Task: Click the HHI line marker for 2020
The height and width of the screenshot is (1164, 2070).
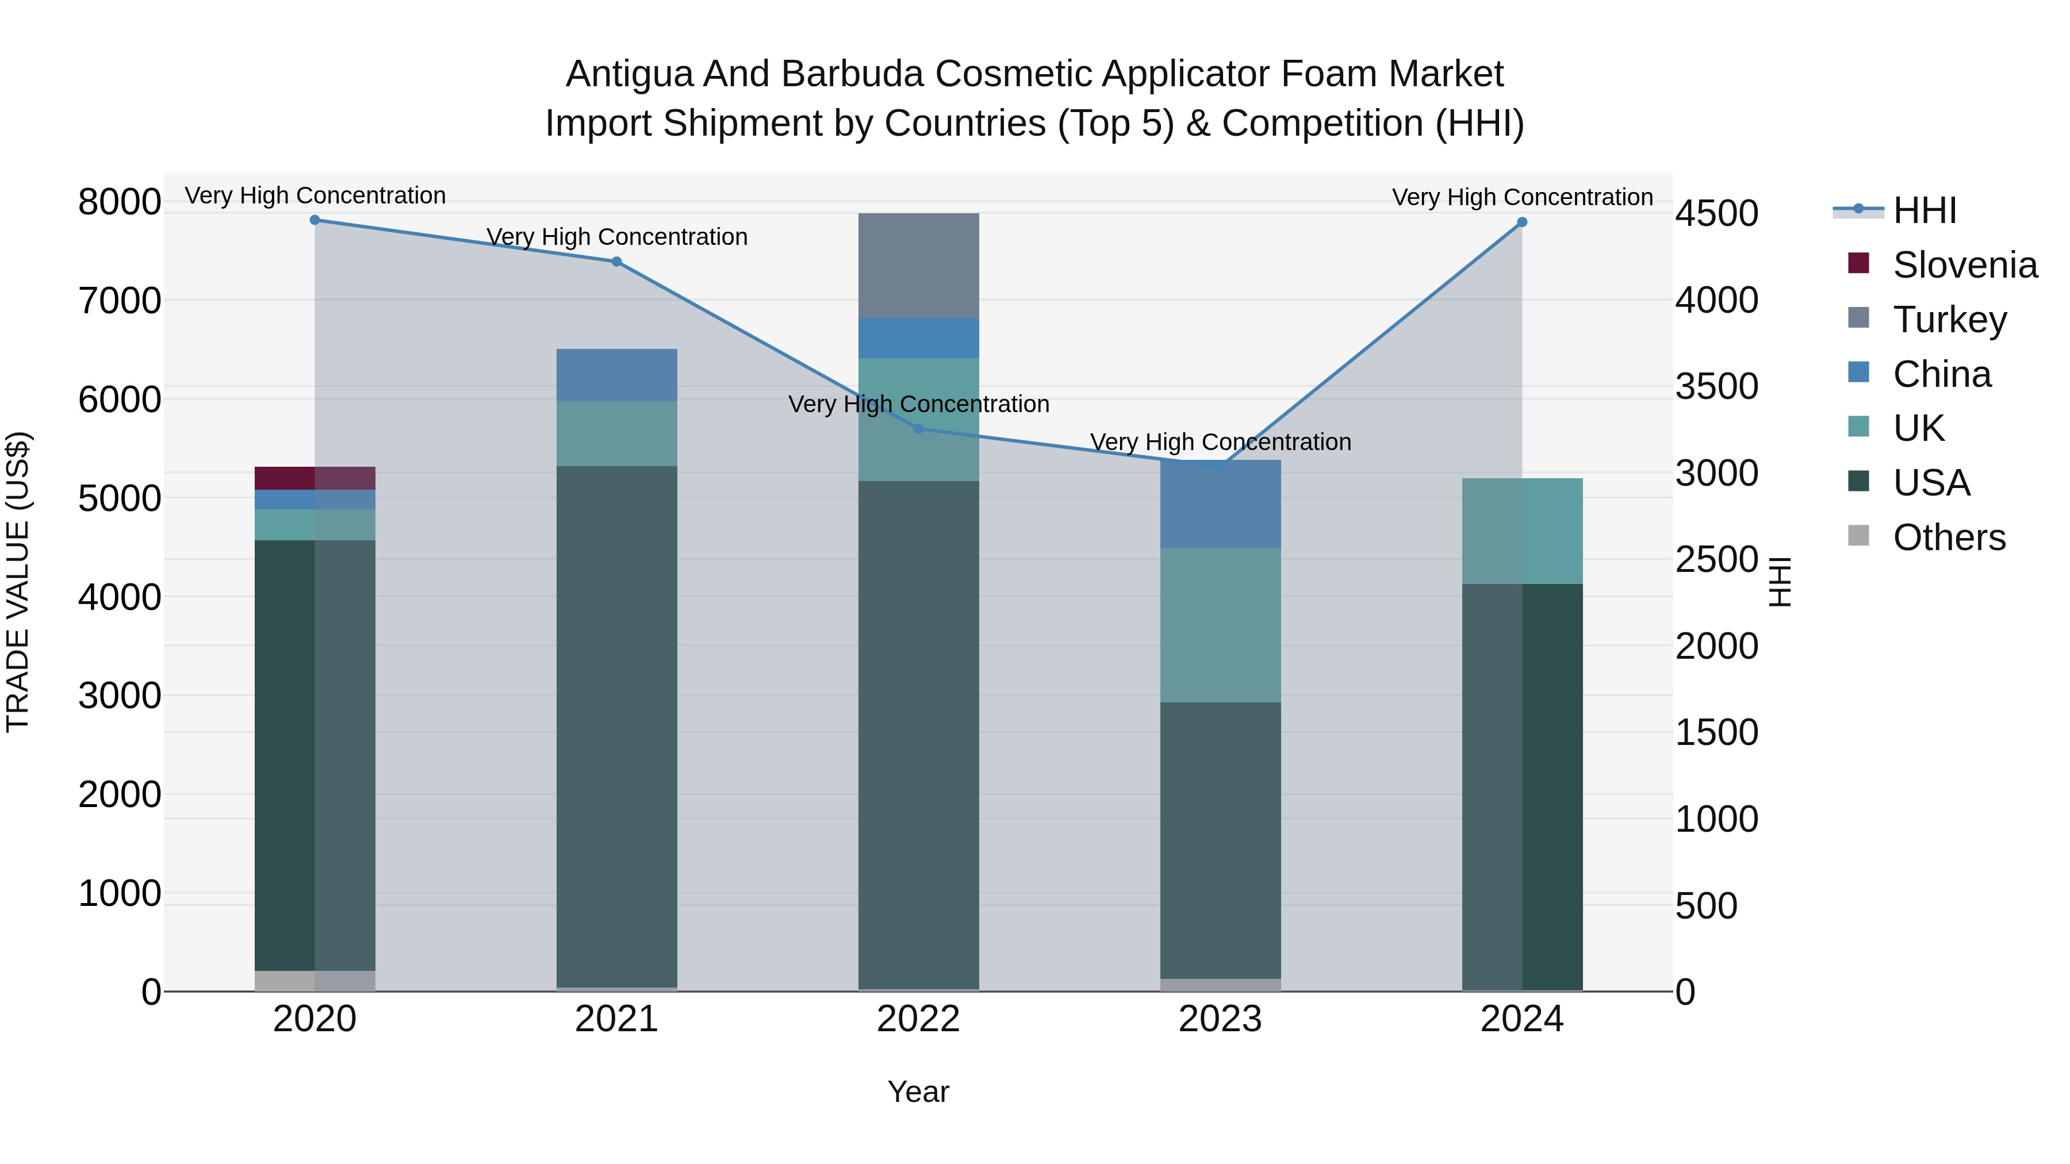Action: coord(315,220)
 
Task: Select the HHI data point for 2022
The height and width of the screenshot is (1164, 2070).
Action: coord(918,429)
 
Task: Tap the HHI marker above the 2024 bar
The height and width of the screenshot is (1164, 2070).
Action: coord(1522,222)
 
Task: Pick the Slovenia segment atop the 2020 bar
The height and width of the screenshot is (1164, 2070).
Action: coord(315,478)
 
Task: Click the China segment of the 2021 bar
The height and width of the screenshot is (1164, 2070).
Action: coord(616,375)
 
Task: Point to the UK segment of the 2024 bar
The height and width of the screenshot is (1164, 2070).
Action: coord(1522,531)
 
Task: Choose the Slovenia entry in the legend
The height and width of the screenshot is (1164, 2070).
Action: coord(1965,265)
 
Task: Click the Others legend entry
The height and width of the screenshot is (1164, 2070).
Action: coord(1949,537)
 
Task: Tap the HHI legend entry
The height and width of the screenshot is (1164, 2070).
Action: coord(1925,210)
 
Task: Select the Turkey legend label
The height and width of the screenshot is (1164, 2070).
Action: coord(1949,320)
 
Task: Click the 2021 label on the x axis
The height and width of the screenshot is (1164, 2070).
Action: coord(616,1019)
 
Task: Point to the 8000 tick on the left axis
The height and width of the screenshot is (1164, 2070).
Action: coord(119,202)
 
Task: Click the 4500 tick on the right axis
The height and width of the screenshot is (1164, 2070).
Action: coord(1716,214)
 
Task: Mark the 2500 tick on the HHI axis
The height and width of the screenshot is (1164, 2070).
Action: coord(1716,560)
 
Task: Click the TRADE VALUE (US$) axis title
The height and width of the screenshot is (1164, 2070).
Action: coord(18,582)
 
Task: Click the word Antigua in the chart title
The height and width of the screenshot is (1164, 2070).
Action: coord(629,74)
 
